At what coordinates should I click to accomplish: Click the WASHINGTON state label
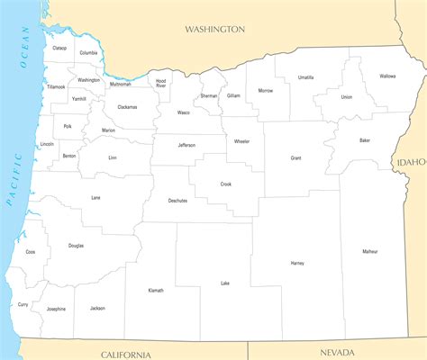[214, 29]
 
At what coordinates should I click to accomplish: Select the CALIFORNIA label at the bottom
[126, 354]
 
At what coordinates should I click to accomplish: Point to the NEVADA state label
[338, 352]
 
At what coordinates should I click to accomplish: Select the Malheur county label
[371, 251]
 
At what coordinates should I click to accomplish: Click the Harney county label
[297, 263]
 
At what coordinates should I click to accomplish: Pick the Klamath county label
[156, 291]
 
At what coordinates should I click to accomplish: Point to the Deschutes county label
[177, 200]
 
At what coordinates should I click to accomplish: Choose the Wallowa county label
[387, 76]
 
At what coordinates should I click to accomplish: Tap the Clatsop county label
[59, 48]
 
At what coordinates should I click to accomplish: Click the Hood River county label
[160, 83]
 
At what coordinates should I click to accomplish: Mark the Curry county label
[23, 304]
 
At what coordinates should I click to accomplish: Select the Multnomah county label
[120, 84]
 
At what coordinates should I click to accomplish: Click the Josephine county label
[56, 309]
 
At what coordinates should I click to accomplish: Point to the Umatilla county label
[305, 77]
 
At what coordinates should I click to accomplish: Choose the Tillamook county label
[56, 87]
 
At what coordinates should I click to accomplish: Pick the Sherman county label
[209, 95]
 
